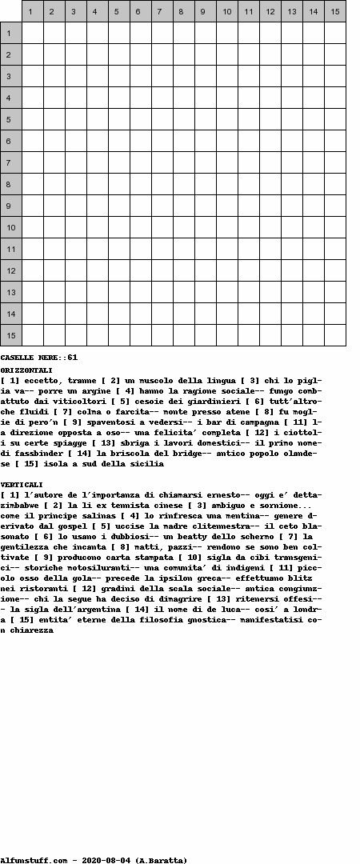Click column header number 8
click(x=184, y=11)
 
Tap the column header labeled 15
click(x=335, y=11)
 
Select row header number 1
click(x=11, y=33)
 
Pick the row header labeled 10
click(x=11, y=227)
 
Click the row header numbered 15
click(x=11, y=335)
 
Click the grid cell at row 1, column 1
click(x=33, y=33)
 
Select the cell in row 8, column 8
click(x=184, y=184)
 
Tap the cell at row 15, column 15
click(x=335, y=335)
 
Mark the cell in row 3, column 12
click(x=270, y=76)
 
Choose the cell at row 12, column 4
click(x=98, y=270)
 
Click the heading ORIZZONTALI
click(x=26, y=370)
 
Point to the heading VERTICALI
click(x=22, y=485)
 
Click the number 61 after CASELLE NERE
click(x=72, y=357)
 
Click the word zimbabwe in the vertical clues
click(x=21, y=506)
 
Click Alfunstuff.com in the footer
click(x=34, y=860)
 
